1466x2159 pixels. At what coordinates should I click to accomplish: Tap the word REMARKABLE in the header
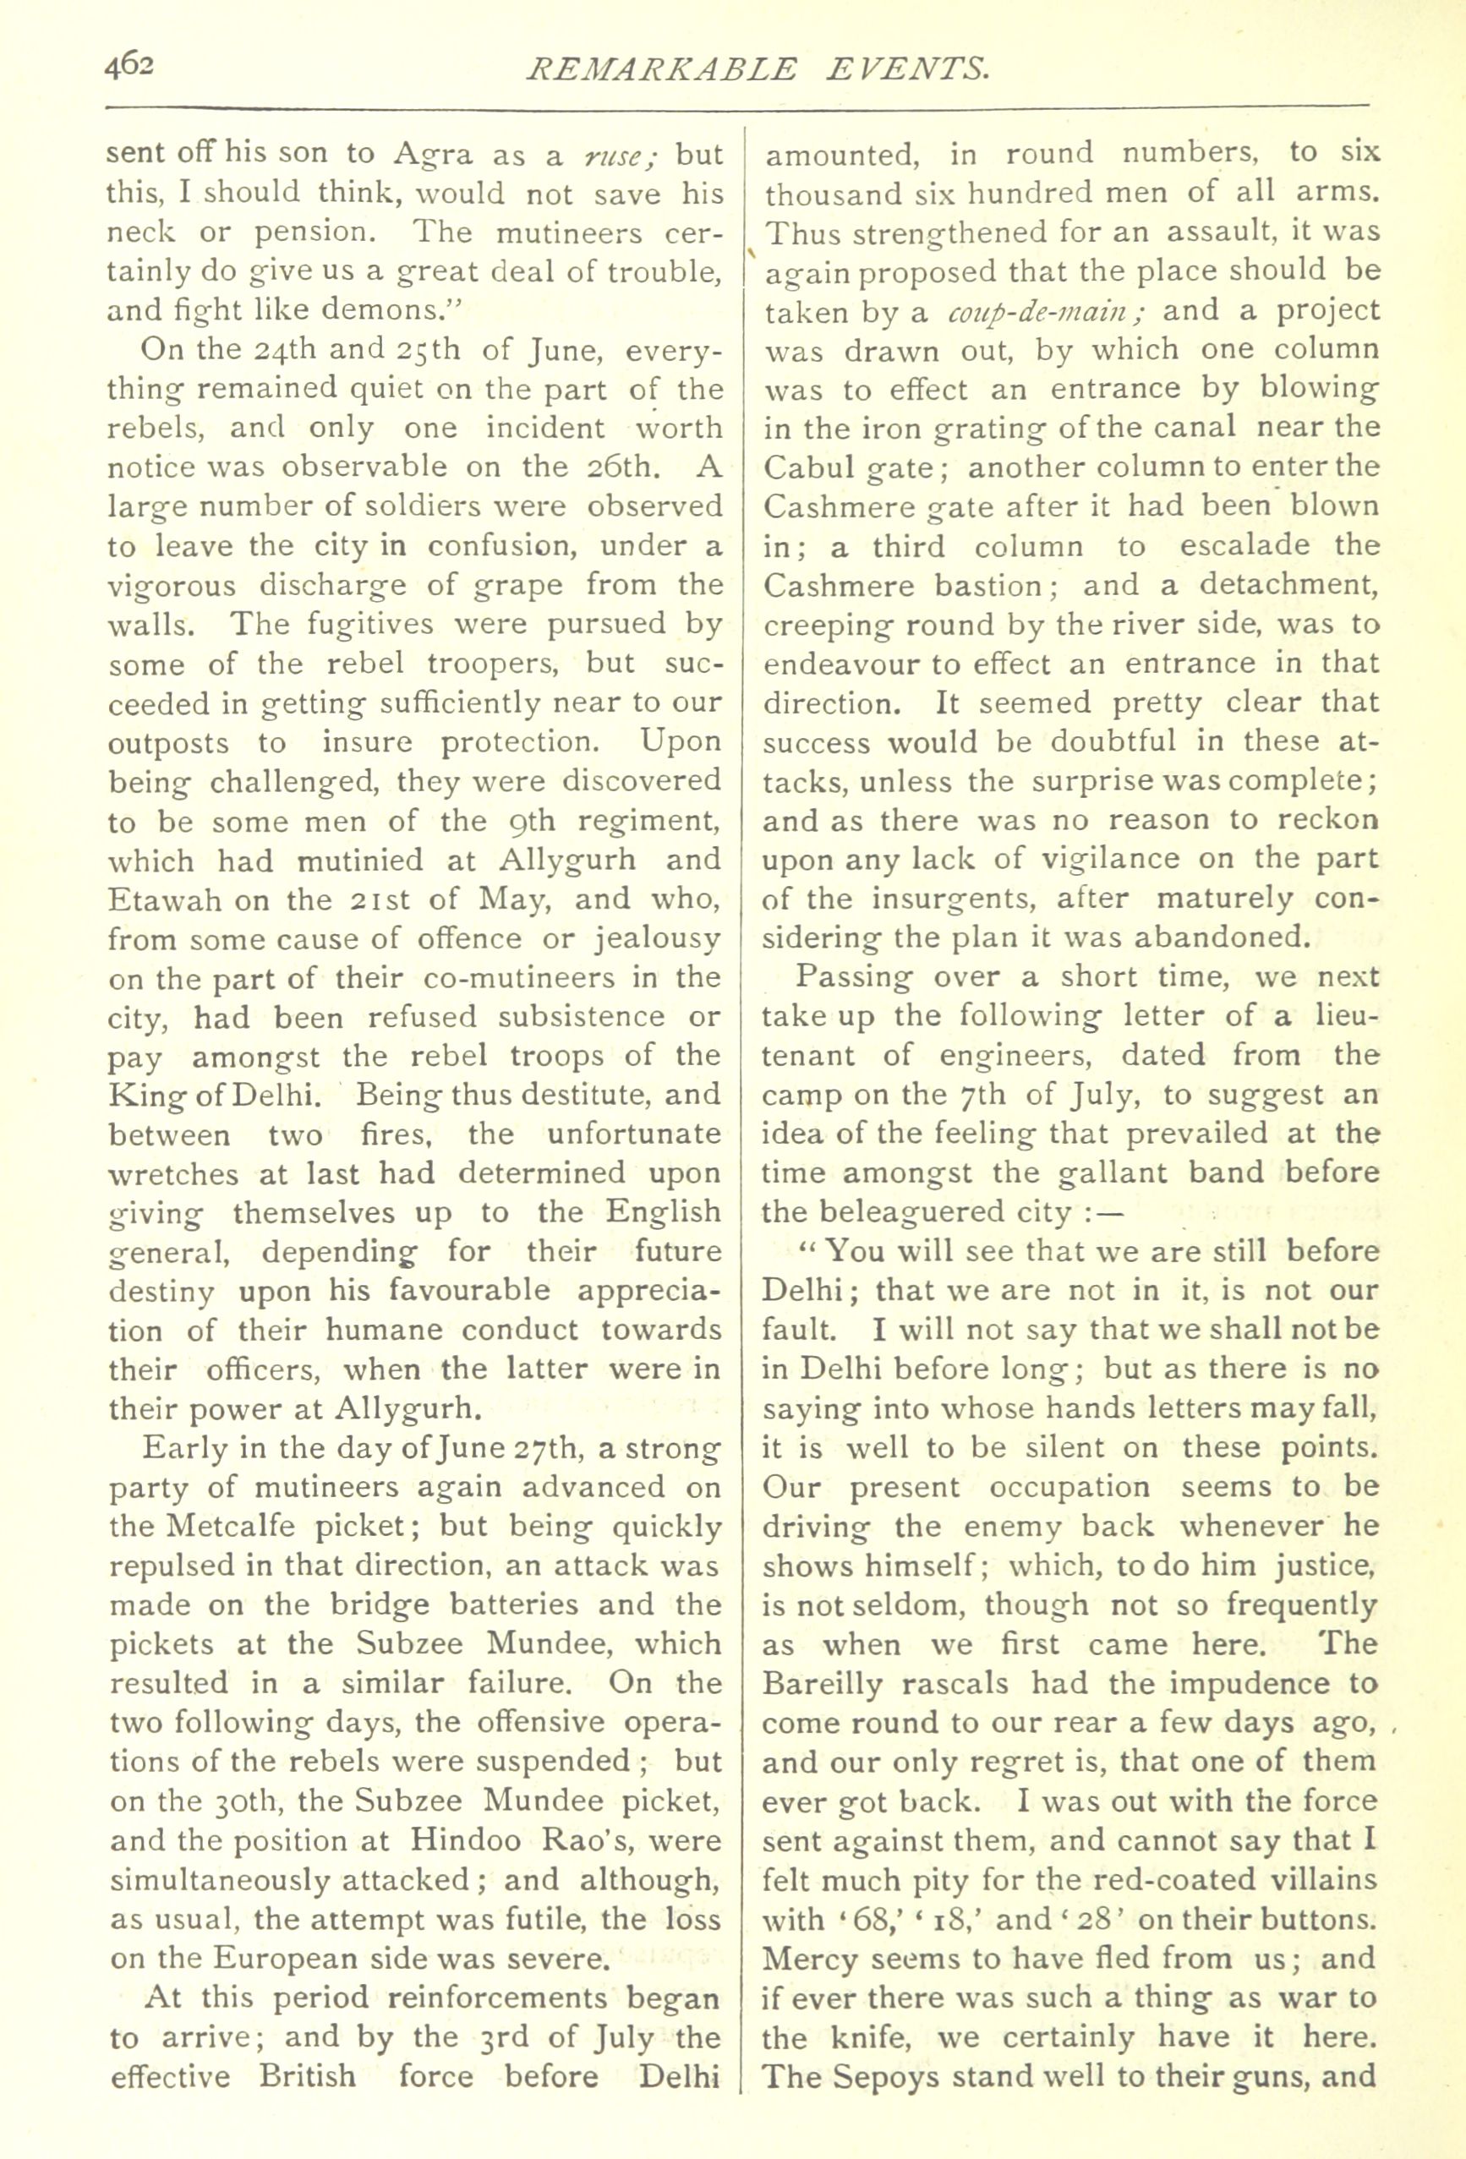coord(660,68)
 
